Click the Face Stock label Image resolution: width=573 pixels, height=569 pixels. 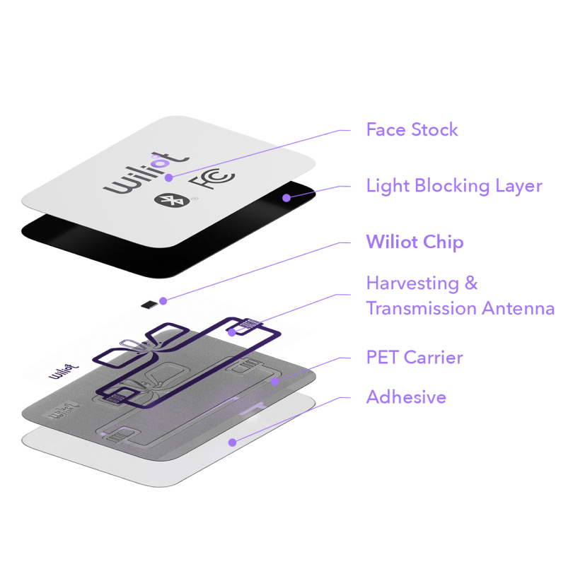(x=412, y=130)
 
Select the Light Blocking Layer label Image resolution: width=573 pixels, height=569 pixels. (x=453, y=186)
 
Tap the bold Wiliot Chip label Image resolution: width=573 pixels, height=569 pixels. (x=415, y=242)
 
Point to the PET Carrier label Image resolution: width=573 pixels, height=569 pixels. (x=414, y=357)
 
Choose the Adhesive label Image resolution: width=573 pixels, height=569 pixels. (x=406, y=397)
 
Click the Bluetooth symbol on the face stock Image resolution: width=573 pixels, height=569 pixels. (x=165, y=200)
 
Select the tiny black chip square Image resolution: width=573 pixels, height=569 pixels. (x=148, y=305)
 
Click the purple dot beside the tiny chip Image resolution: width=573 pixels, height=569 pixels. (x=163, y=301)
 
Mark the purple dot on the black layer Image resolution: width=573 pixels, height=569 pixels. (x=286, y=198)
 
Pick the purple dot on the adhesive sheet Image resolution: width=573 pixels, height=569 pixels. (x=231, y=442)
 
